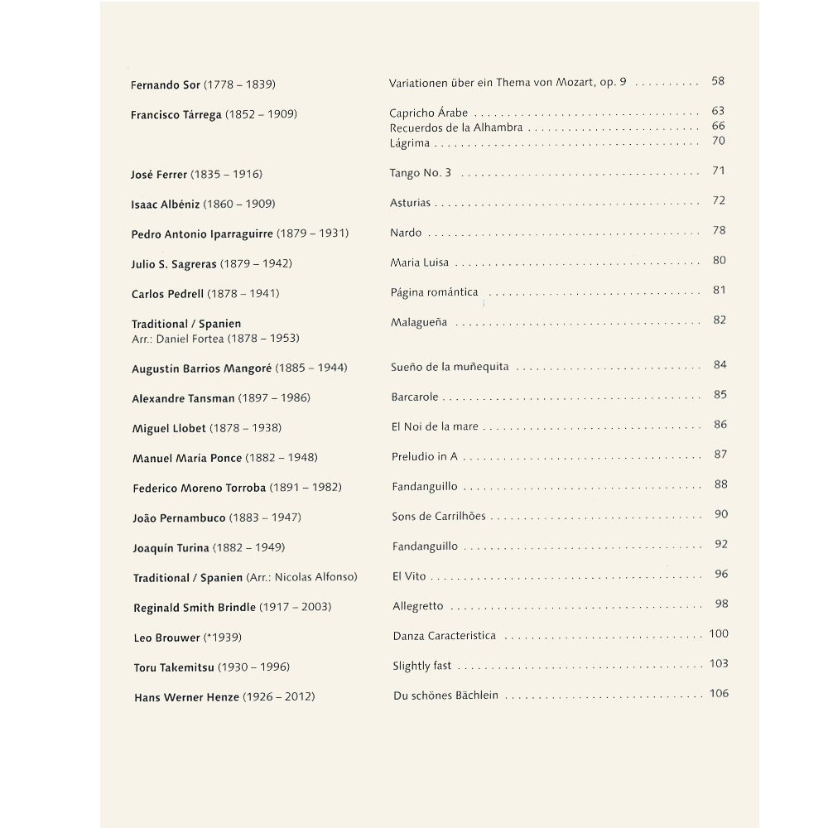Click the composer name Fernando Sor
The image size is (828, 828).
click(166, 85)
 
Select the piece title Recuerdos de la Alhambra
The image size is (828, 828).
click(455, 128)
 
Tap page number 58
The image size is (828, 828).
click(718, 81)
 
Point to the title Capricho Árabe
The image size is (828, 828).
click(428, 113)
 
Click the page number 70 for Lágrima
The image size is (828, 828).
click(719, 142)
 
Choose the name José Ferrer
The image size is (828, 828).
click(159, 175)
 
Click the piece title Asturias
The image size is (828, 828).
click(410, 203)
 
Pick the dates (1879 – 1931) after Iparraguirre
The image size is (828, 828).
click(312, 234)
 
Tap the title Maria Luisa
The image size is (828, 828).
click(419, 263)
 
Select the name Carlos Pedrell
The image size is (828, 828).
click(167, 294)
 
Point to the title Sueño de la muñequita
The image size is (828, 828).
click(450, 367)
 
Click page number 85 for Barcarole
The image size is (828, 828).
click(720, 395)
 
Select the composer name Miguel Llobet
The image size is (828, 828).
click(169, 428)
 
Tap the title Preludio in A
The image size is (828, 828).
click(424, 457)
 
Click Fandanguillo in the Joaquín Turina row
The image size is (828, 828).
click(424, 546)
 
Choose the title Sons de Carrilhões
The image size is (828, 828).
click(439, 517)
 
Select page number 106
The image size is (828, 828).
click(719, 694)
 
